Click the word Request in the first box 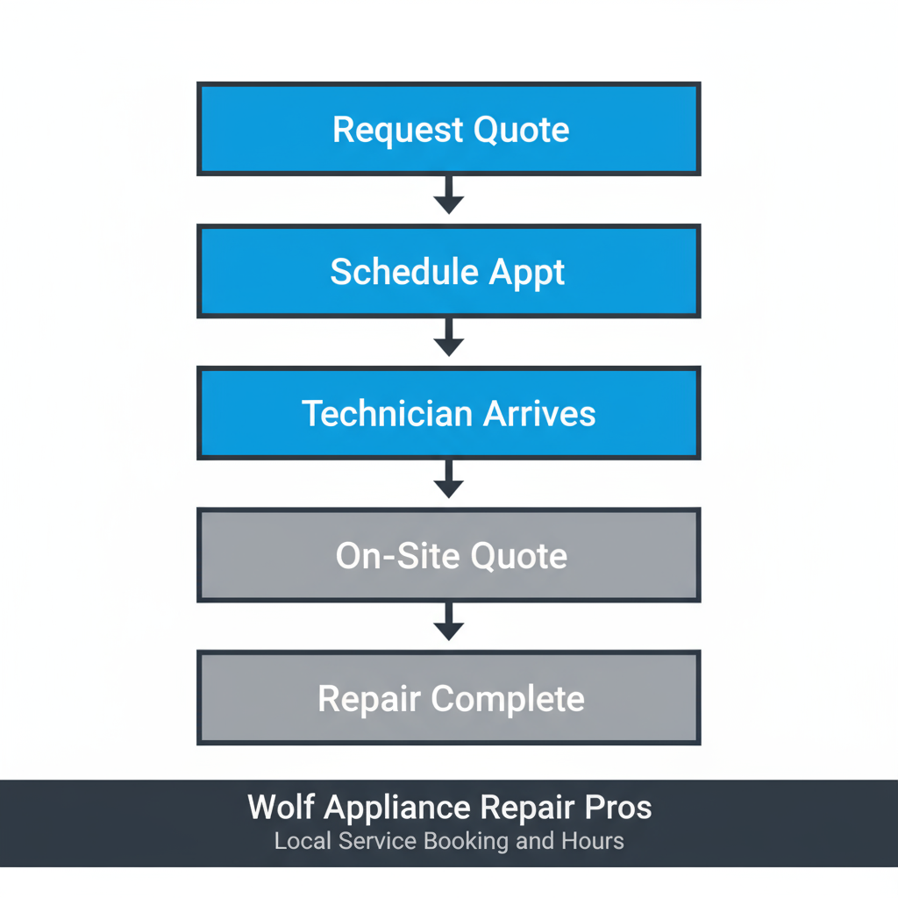(399, 131)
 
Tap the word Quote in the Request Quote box (521, 131)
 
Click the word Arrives (537, 414)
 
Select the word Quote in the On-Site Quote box (519, 557)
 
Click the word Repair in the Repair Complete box (368, 700)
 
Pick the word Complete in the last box (508, 700)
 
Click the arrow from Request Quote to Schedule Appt (449, 195)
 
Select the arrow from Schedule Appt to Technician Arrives (449, 337)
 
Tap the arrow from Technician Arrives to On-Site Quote (449, 479)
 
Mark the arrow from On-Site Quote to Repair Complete (449, 621)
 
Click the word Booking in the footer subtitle (466, 842)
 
